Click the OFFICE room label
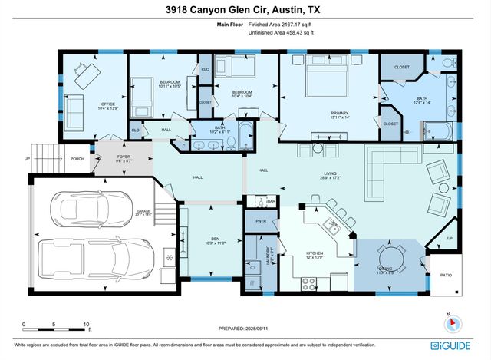tap(107, 105)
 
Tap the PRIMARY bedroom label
tap(340, 112)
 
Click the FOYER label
tap(124, 157)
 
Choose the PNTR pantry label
tap(250, 220)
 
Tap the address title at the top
tap(245, 10)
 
